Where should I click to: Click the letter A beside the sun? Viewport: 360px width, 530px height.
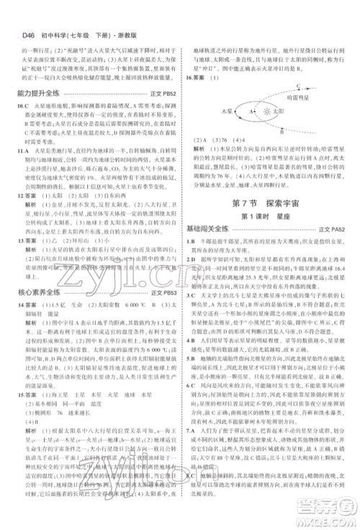[x=251, y=112]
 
